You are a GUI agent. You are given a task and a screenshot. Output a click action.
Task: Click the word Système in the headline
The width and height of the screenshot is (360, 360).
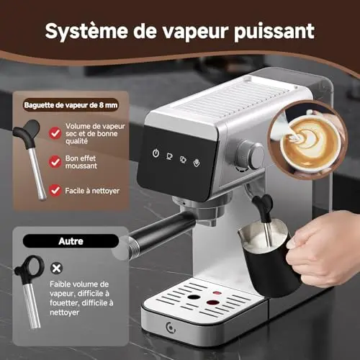[x=86, y=31]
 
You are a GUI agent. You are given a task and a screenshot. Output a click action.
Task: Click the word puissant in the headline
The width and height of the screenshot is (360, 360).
[x=274, y=31]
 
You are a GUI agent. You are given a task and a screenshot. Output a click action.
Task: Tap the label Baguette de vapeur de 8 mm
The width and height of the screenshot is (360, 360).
[x=71, y=105]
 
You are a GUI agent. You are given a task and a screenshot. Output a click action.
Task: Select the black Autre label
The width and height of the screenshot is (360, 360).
[x=71, y=241]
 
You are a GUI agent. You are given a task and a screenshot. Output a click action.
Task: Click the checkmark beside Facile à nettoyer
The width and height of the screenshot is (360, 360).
[x=55, y=191]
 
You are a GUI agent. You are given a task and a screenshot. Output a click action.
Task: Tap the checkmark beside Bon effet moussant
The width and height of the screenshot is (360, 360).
[x=55, y=161]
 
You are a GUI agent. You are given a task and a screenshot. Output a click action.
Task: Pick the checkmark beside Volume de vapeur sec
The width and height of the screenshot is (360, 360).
[x=55, y=133]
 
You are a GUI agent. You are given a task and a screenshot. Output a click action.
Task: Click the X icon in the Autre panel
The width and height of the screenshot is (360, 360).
[x=56, y=268]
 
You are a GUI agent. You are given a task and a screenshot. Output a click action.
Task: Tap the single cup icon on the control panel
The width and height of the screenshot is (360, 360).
[x=169, y=156]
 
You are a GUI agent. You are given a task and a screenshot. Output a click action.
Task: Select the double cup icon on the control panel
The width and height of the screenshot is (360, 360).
[x=183, y=159]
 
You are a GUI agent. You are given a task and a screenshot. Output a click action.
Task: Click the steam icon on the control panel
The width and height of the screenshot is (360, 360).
[x=197, y=163]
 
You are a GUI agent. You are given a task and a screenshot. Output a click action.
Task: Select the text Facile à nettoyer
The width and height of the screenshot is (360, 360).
[x=92, y=191]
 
